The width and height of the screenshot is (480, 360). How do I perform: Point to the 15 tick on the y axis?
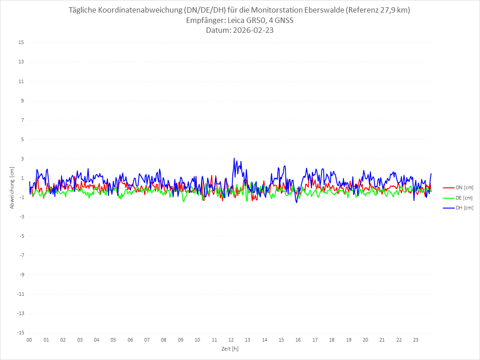[21, 43]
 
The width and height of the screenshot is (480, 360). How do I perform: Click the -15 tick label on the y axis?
[20, 333]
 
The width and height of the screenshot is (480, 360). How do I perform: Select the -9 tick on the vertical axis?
[21, 275]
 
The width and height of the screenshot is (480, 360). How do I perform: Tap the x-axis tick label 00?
[29, 340]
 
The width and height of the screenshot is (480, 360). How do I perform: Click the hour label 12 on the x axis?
[231, 340]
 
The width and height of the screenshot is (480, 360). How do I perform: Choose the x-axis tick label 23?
[416, 340]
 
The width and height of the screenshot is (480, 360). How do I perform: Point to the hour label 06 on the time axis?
[130, 340]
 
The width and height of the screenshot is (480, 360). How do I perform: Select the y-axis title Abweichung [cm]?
[12, 187]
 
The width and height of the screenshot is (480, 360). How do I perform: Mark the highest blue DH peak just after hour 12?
[234, 158]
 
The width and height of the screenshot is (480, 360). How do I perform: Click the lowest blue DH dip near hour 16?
[297, 203]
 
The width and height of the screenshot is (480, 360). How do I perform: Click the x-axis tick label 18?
[332, 340]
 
